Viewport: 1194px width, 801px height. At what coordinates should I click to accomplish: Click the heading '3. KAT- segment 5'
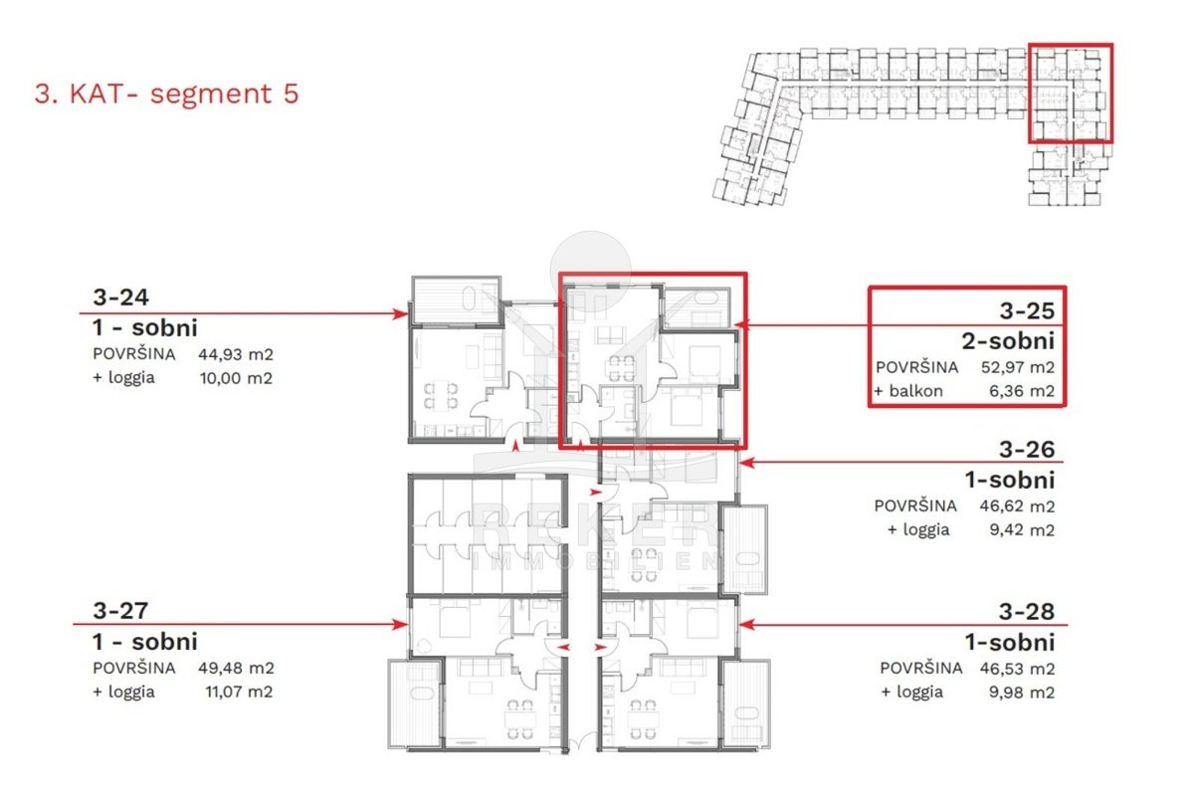(x=167, y=94)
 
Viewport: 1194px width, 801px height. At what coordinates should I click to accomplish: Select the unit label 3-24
(x=121, y=298)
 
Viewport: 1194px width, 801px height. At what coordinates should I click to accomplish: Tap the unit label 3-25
(x=1027, y=310)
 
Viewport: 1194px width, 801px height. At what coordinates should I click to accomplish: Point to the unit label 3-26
(x=1027, y=450)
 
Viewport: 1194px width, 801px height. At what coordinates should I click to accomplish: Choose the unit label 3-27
(x=120, y=611)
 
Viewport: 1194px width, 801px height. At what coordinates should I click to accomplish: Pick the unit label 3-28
(x=1027, y=612)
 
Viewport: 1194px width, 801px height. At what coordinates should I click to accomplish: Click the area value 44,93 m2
(x=236, y=354)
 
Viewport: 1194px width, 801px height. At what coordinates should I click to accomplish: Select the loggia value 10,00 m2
(x=236, y=378)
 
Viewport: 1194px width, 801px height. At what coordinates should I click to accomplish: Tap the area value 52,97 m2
(x=1018, y=367)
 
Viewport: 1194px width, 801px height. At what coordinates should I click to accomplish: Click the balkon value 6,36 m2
(x=1022, y=391)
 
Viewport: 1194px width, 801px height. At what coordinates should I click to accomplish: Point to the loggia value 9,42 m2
(x=1022, y=530)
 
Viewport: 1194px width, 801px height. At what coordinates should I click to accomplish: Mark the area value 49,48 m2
(x=236, y=668)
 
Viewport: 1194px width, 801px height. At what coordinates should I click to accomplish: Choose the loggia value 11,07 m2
(x=239, y=692)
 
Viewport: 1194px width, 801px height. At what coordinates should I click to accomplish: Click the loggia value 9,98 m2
(x=1022, y=693)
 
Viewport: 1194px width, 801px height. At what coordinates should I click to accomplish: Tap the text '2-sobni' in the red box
(x=1008, y=341)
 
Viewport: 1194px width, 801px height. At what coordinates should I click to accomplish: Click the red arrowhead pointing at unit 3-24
(x=400, y=313)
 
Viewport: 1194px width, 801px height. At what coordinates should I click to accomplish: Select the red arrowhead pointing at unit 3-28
(x=747, y=625)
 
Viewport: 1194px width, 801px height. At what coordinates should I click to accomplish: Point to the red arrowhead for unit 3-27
(x=400, y=624)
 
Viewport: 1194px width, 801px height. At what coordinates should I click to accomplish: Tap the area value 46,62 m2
(x=1017, y=506)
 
